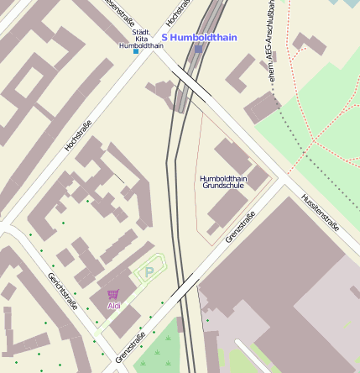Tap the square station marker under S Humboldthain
tap(199, 49)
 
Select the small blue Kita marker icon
tap(136, 51)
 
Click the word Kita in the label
tap(141, 39)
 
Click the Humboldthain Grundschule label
tap(222, 181)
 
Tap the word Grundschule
tap(222, 186)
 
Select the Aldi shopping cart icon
tap(113, 294)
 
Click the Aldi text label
tap(114, 306)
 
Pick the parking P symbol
tap(149, 272)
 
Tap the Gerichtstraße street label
tap(62, 291)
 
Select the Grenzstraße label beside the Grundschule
tap(240, 227)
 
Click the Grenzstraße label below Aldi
tap(130, 348)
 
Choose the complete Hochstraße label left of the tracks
tap(78, 135)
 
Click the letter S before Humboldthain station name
tap(165, 37)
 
